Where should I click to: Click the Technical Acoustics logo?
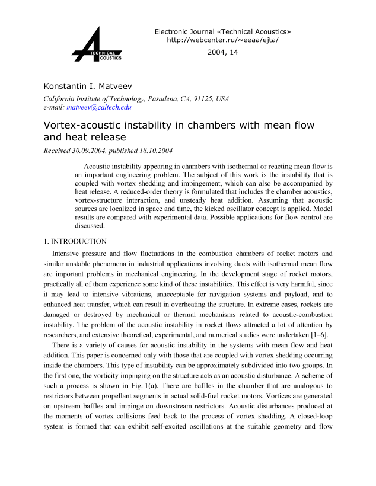(x=97, y=46)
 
